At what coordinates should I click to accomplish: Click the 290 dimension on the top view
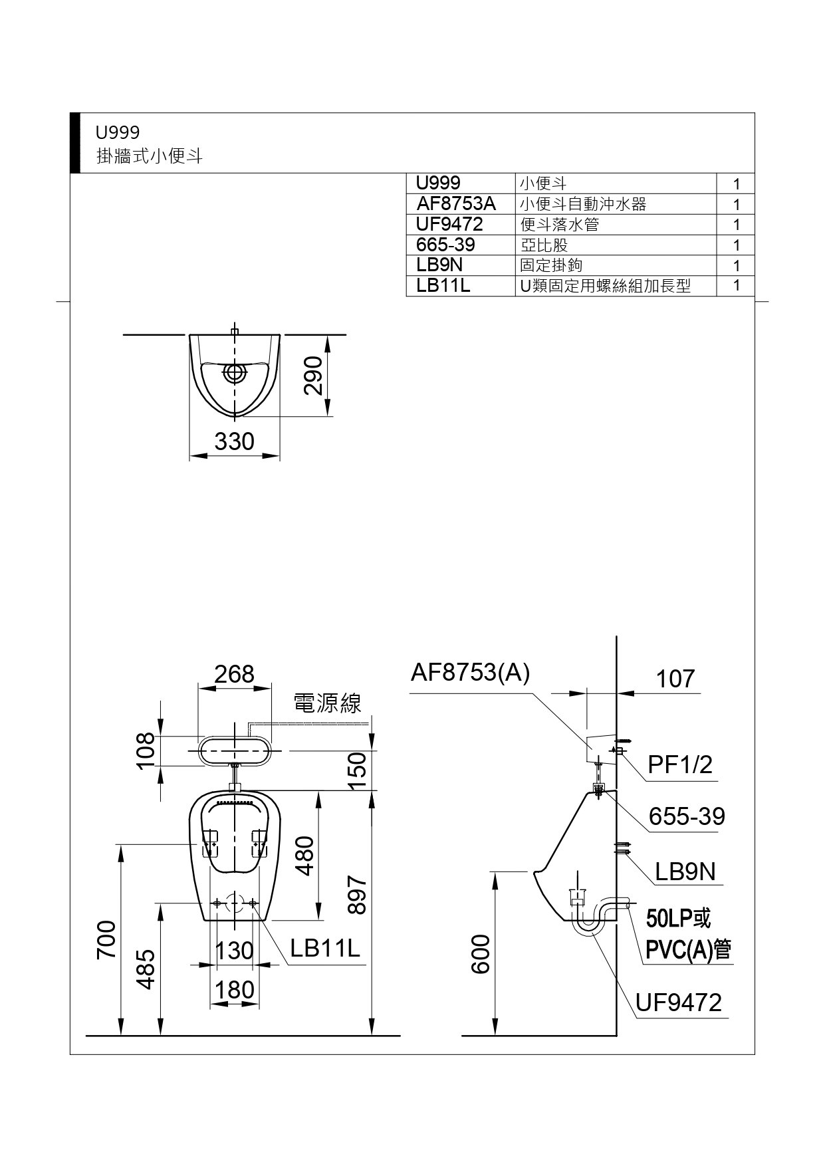[x=312, y=376]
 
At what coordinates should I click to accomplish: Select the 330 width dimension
[x=234, y=441]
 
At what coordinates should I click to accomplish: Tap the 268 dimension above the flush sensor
[x=234, y=674]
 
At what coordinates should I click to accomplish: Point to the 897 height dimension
[x=357, y=894]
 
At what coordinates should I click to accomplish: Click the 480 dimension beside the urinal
[x=304, y=856]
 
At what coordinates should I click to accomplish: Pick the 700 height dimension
[x=106, y=939]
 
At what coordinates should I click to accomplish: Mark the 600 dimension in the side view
[x=480, y=954]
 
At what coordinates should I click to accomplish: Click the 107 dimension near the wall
[x=675, y=679]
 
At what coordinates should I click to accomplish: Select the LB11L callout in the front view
[x=325, y=948]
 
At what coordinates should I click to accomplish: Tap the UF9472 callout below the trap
[x=679, y=1002]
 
